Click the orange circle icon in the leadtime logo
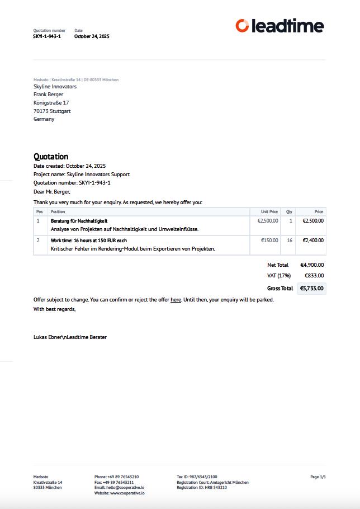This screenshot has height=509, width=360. point(242,25)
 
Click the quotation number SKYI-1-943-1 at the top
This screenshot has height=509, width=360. point(47,36)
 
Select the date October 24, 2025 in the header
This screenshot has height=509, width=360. point(92,36)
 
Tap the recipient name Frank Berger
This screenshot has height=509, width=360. point(48,95)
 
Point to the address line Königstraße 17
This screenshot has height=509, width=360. point(51,103)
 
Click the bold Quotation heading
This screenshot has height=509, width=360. point(51,157)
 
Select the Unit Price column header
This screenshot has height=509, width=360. point(269,212)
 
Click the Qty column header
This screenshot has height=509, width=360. point(289,212)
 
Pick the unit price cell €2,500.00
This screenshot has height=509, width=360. point(267,221)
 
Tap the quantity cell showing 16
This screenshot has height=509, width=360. point(290,241)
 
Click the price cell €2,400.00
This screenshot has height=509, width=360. point(313,241)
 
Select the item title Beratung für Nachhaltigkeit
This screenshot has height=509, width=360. point(79,221)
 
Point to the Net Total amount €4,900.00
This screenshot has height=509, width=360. point(312,265)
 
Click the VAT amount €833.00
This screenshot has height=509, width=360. point(314,276)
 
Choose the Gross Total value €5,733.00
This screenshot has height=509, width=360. point(311,289)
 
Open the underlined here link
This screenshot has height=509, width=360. point(176,300)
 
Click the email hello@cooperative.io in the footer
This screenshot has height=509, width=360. point(121,488)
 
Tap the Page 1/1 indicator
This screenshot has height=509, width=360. point(318,477)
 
